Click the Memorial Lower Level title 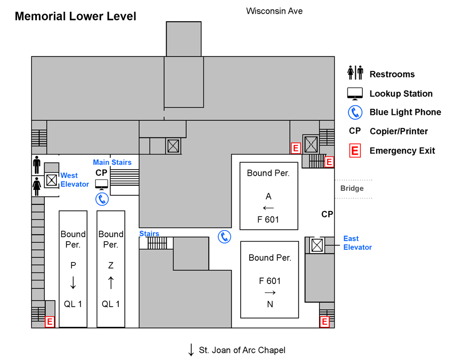(x=75, y=16)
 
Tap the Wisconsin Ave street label (x=274, y=11)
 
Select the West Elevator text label (x=74, y=180)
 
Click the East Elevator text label (x=357, y=243)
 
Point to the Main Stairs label (x=112, y=162)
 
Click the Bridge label (x=352, y=188)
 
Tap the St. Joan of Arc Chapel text (x=242, y=350)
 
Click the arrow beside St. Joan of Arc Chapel (x=191, y=350)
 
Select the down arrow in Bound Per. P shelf (x=73, y=282)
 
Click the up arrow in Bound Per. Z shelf (x=111, y=282)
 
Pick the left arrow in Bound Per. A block (x=269, y=207)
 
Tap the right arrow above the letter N (x=270, y=293)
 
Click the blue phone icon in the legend (x=355, y=112)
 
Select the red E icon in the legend (x=355, y=151)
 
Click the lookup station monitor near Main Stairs (x=102, y=184)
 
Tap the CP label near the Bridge (x=327, y=214)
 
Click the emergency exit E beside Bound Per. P (x=50, y=321)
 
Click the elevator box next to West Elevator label (x=51, y=180)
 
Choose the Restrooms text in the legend (x=392, y=74)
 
